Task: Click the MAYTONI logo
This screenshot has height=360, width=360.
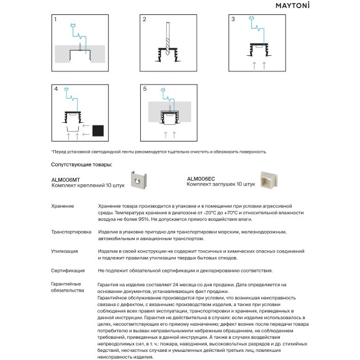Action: click(x=292, y=6)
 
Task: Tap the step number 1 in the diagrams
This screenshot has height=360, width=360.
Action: click(x=55, y=19)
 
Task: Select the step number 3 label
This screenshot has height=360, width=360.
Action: click(x=233, y=19)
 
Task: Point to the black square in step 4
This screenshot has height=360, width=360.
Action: click(x=98, y=130)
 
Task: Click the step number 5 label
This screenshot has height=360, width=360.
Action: click(x=145, y=89)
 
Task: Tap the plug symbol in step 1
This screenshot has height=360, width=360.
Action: click(x=73, y=25)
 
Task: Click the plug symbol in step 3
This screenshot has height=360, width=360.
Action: click(x=251, y=17)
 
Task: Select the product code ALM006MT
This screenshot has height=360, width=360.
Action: click(x=66, y=180)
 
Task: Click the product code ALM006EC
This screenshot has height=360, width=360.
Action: click(x=201, y=179)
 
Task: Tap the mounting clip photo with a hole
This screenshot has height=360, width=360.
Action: click(x=138, y=180)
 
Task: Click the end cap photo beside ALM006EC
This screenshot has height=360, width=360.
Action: click(x=269, y=180)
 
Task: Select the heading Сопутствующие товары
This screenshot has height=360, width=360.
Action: click(x=81, y=164)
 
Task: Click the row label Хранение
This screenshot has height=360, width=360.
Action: click(x=63, y=206)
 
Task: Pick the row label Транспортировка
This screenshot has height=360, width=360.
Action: click(x=71, y=232)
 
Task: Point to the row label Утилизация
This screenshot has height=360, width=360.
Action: click(x=65, y=251)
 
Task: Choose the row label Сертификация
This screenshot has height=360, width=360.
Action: click(x=68, y=271)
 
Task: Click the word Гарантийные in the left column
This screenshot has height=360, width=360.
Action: click(x=66, y=284)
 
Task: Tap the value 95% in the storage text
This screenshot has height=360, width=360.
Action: click(x=144, y=219)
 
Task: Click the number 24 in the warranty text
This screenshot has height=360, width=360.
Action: click(x=176, y=285)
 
